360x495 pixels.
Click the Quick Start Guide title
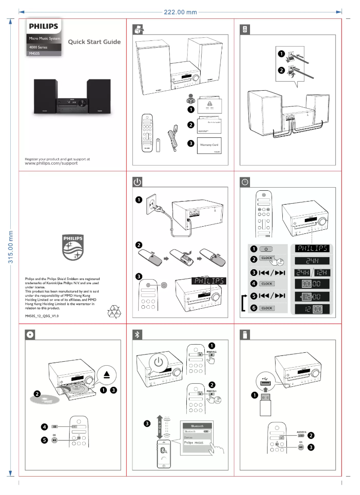94,43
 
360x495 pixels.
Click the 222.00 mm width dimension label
180,12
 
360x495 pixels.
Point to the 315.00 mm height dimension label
10,247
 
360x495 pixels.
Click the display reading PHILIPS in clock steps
311,248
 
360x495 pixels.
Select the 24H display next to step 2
311,261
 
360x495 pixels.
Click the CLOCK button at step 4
267,284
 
